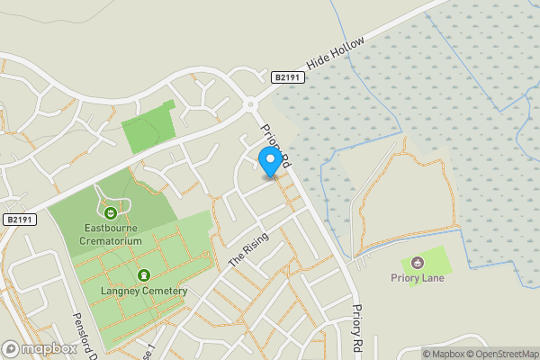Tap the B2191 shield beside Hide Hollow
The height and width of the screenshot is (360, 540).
[x=287, y=78]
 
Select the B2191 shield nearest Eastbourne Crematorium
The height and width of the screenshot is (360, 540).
[x=18, y=220]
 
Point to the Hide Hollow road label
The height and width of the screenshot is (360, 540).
[x=337, y=54]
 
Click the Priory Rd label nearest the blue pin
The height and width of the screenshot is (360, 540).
[x=275, y=146]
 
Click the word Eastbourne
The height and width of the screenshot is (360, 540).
[x=110, y=229]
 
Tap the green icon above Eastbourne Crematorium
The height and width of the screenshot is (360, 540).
[x=110, y=213]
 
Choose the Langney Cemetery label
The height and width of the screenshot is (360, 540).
[x=144, y=291]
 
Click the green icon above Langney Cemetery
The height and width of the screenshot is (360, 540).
[x=143, y=275]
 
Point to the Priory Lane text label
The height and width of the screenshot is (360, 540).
[x=417, y=278]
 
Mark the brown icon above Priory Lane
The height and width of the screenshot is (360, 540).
[x=417, y=263]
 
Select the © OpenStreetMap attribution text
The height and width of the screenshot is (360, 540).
[x=505, y=353]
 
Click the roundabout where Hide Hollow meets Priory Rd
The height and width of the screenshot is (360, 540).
[x=250, y=103]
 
